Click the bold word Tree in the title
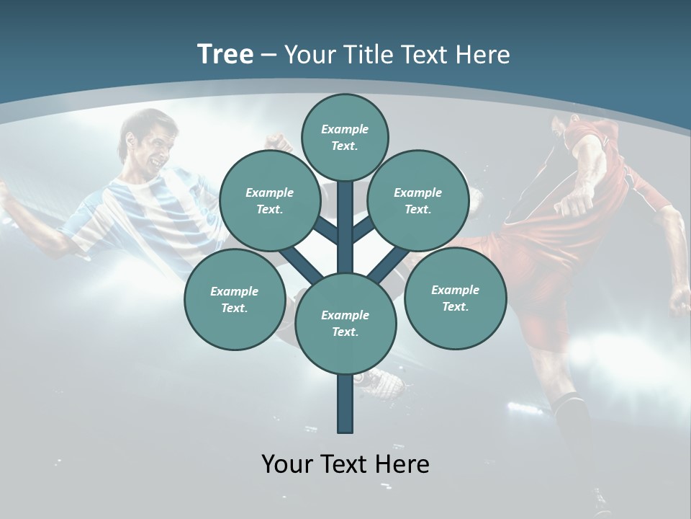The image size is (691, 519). [x=225, y=55]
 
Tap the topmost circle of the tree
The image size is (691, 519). [x=345, y=137]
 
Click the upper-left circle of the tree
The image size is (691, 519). [x=269, y=201]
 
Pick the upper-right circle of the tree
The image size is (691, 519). [x=417, y=201]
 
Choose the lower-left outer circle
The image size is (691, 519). [x=234, y=299]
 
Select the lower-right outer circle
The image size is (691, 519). [x=455, y=298]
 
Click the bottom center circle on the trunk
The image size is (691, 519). [x=345, y=323]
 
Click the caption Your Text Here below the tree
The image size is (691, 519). [x=345, y=464]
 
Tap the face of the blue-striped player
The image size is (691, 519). [x=155, y=144]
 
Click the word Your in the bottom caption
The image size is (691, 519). [x=286, y=464]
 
